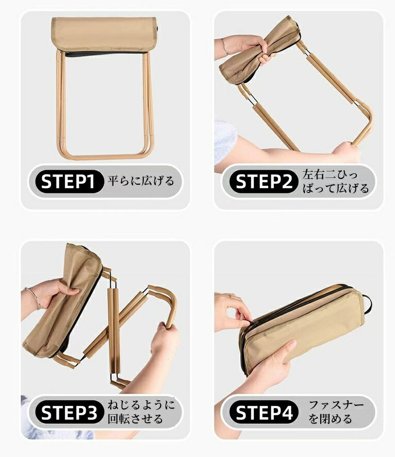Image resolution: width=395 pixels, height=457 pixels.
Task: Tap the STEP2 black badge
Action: tap(264, 182)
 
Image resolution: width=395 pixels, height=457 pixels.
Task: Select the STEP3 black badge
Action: tap(69, 412)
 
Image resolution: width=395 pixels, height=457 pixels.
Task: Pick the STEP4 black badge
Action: tap(264, 412)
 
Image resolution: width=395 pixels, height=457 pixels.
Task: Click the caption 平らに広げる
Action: tap(141, 181)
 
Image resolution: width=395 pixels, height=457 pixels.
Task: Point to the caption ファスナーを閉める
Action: tap(336, 412)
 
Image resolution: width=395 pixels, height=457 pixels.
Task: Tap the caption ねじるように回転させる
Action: tap(141, 412)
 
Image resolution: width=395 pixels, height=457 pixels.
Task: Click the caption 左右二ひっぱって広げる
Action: tap(335, 181)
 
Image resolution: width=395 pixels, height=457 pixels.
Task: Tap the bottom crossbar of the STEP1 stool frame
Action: tap(105, 157)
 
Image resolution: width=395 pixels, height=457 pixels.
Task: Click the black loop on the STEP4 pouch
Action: tap(368, 304)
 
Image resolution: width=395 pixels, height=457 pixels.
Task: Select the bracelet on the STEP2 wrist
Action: tap(224, 46)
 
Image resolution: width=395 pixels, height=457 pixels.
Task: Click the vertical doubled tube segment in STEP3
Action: tap(113, 330)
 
